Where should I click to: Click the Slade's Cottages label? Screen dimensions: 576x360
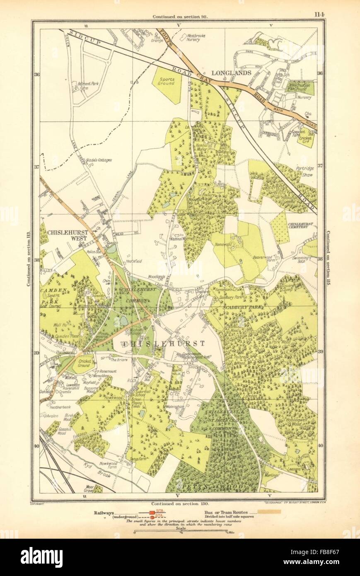[99, 160]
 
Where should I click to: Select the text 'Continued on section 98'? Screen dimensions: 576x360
[180, 17]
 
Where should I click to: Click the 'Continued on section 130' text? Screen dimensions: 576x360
[179, 503]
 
